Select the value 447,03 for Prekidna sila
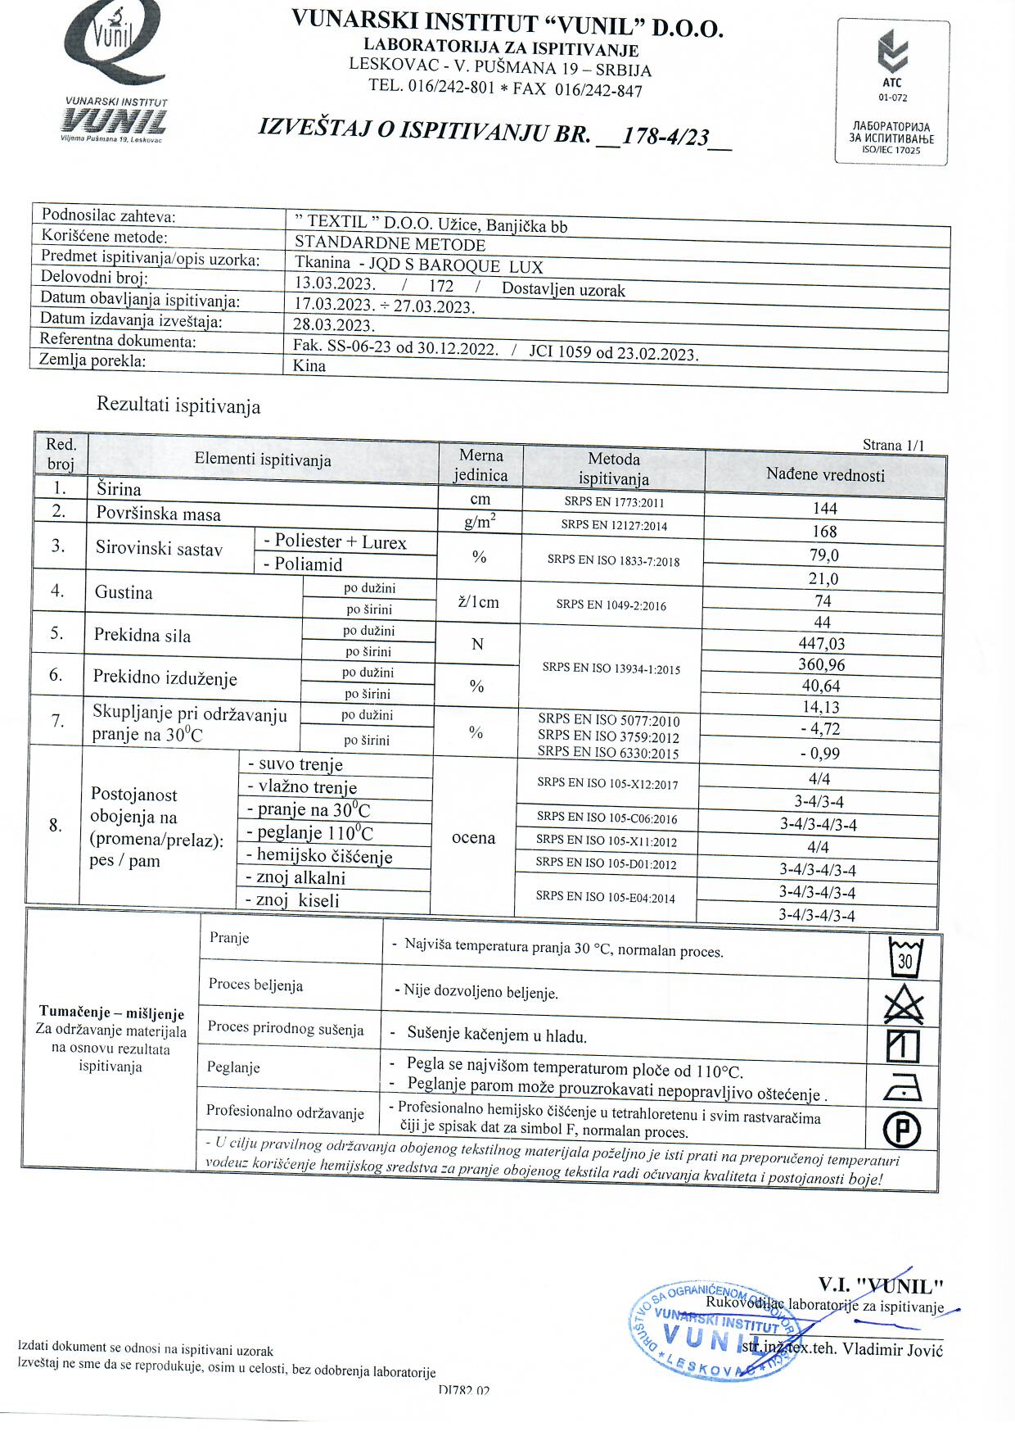[822, 644]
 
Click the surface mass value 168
[824, 532]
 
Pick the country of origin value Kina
[309, 366]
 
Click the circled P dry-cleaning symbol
[902, 1131]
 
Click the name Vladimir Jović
[893, 1350]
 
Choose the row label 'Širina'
[119, 490]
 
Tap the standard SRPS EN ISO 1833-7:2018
[613, 561]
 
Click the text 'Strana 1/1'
[893, 446]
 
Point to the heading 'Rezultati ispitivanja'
[178, 405]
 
